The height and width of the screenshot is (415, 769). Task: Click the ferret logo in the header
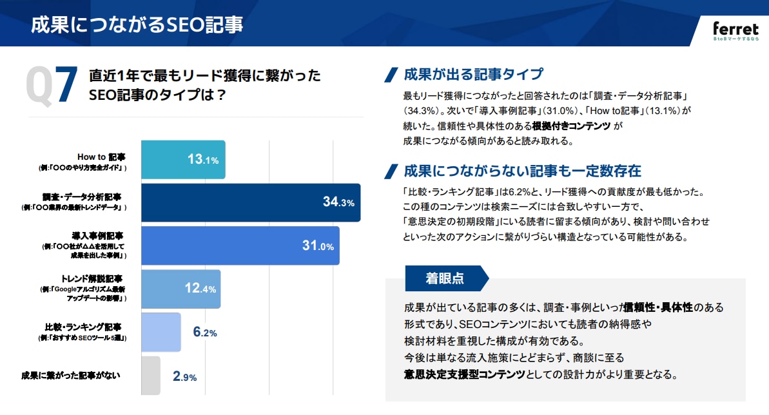(x=735, y=30)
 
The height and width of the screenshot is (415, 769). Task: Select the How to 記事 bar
(x=182, y=160)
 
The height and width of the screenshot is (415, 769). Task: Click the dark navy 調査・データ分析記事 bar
(x=250, y=203)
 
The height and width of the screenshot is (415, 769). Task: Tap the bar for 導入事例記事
(x=240, y=246)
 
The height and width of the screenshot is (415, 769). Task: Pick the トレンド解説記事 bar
(x=180, y=289)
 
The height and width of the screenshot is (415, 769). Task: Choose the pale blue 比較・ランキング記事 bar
(x=161, y=332)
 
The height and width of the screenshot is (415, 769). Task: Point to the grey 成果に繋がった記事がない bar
(x=150, y=376)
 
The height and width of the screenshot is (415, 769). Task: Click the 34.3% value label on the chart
(x=338, y=203)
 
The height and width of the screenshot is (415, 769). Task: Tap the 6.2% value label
(x=204, y=333)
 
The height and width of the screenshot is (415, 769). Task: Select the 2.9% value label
(x=184, y=377)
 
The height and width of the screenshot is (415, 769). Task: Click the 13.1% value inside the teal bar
(x=203, y=160)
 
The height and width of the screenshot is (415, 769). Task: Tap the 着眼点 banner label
(x=445, y=278)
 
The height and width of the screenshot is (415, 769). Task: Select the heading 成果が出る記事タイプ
(x=473, y=74)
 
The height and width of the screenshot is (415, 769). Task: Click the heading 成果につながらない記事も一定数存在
(x=522, y=171)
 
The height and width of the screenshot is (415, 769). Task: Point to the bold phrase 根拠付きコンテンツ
(x=567, y=126)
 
